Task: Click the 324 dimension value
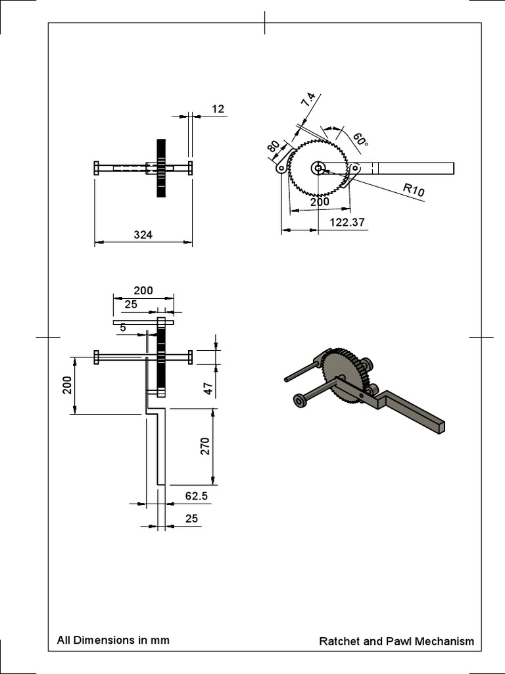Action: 143,234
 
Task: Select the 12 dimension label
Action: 218,109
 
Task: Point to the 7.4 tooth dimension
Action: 308,101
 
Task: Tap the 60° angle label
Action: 360,140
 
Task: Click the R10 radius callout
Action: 414,190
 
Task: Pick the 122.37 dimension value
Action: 347,222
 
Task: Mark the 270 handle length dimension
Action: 204,446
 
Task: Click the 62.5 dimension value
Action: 196,496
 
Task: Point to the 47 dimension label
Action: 208,388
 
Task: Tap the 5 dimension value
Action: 123,326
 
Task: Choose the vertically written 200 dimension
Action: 67,385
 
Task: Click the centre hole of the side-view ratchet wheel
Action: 318,168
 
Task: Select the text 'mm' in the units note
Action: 160,640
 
